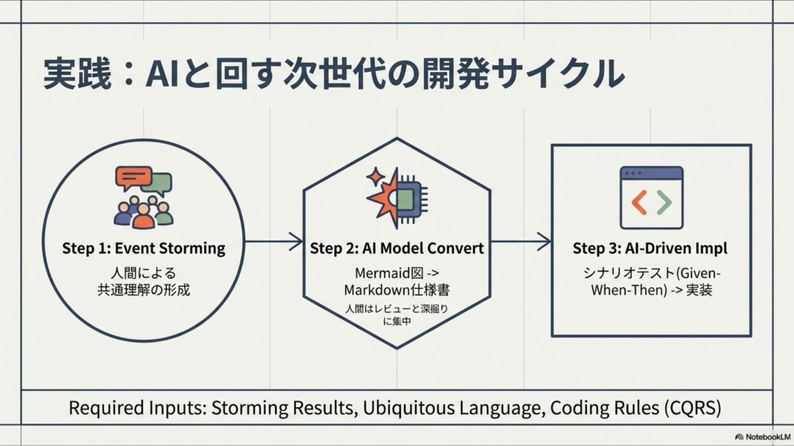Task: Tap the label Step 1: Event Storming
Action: click(143, 248)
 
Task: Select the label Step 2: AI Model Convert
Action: click(396, 248)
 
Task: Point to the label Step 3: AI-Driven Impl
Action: click(650, 248)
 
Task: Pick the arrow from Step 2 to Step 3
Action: click(522, 241)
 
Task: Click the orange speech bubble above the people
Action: click(133, 177)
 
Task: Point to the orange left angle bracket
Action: click(639, 203)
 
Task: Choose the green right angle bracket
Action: click(664, 203)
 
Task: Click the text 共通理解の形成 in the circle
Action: click(144, 290)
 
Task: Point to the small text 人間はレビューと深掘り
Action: click(396, 309)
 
